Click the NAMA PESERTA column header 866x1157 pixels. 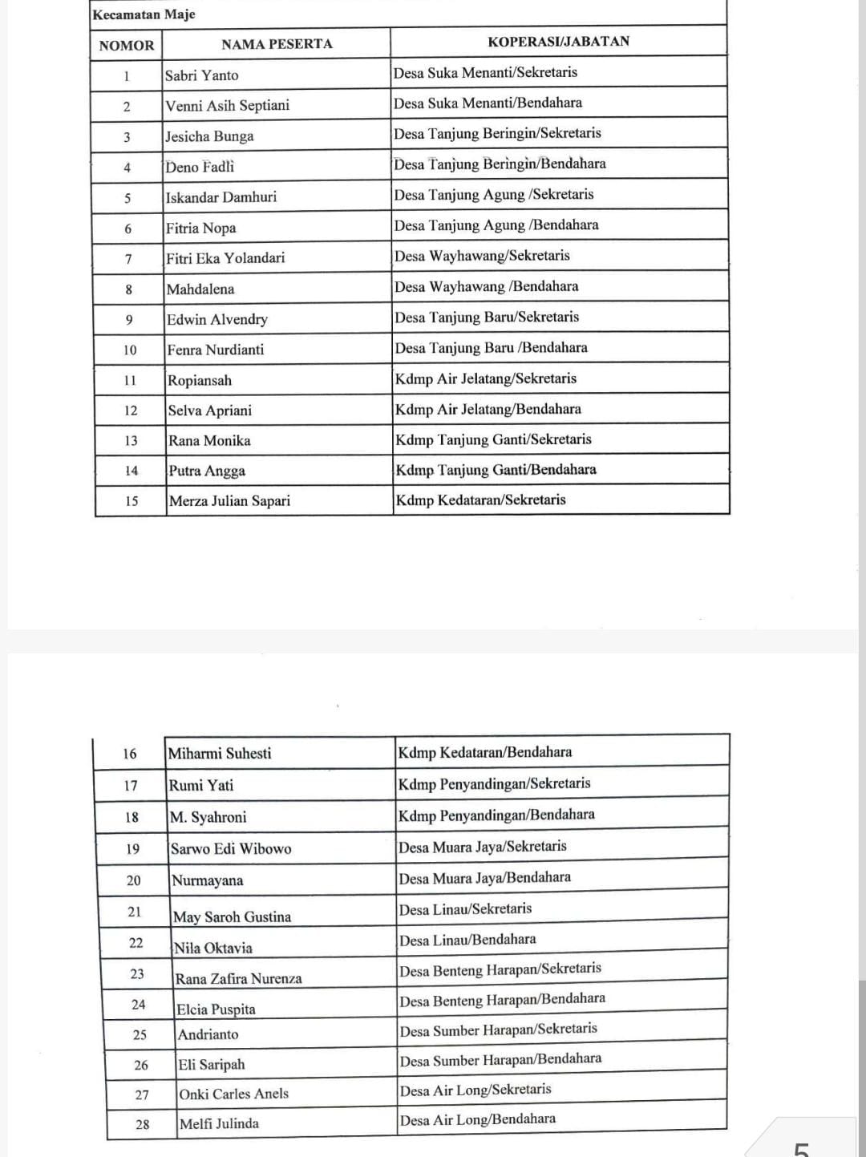click(277, 44)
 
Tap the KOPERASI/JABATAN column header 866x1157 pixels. click(558, 42)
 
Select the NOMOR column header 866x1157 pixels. click(127, 46)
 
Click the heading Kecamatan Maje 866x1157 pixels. click(144, 14)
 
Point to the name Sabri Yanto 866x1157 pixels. click(201, 75)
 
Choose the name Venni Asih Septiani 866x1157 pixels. click(227, 106)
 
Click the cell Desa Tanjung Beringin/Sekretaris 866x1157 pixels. click(497, 133)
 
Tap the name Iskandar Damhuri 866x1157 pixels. click(221, 197)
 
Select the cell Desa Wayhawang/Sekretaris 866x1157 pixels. click(482, 256)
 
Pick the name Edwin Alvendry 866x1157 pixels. click(216, 319)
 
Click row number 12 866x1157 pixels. click(131, 411)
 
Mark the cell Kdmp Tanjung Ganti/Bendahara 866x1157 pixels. click(496, 470)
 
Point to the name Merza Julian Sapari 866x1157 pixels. click(229, 501)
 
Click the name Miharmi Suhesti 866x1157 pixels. click(220, 754)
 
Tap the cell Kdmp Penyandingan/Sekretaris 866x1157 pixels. click(494, 783)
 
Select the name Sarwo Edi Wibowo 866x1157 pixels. click(231, 848)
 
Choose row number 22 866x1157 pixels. click(136, 943)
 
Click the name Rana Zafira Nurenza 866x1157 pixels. click(238, 979)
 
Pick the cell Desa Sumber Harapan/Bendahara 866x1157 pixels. click(500, 1060)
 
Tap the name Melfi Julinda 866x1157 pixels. click(219, 1123)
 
